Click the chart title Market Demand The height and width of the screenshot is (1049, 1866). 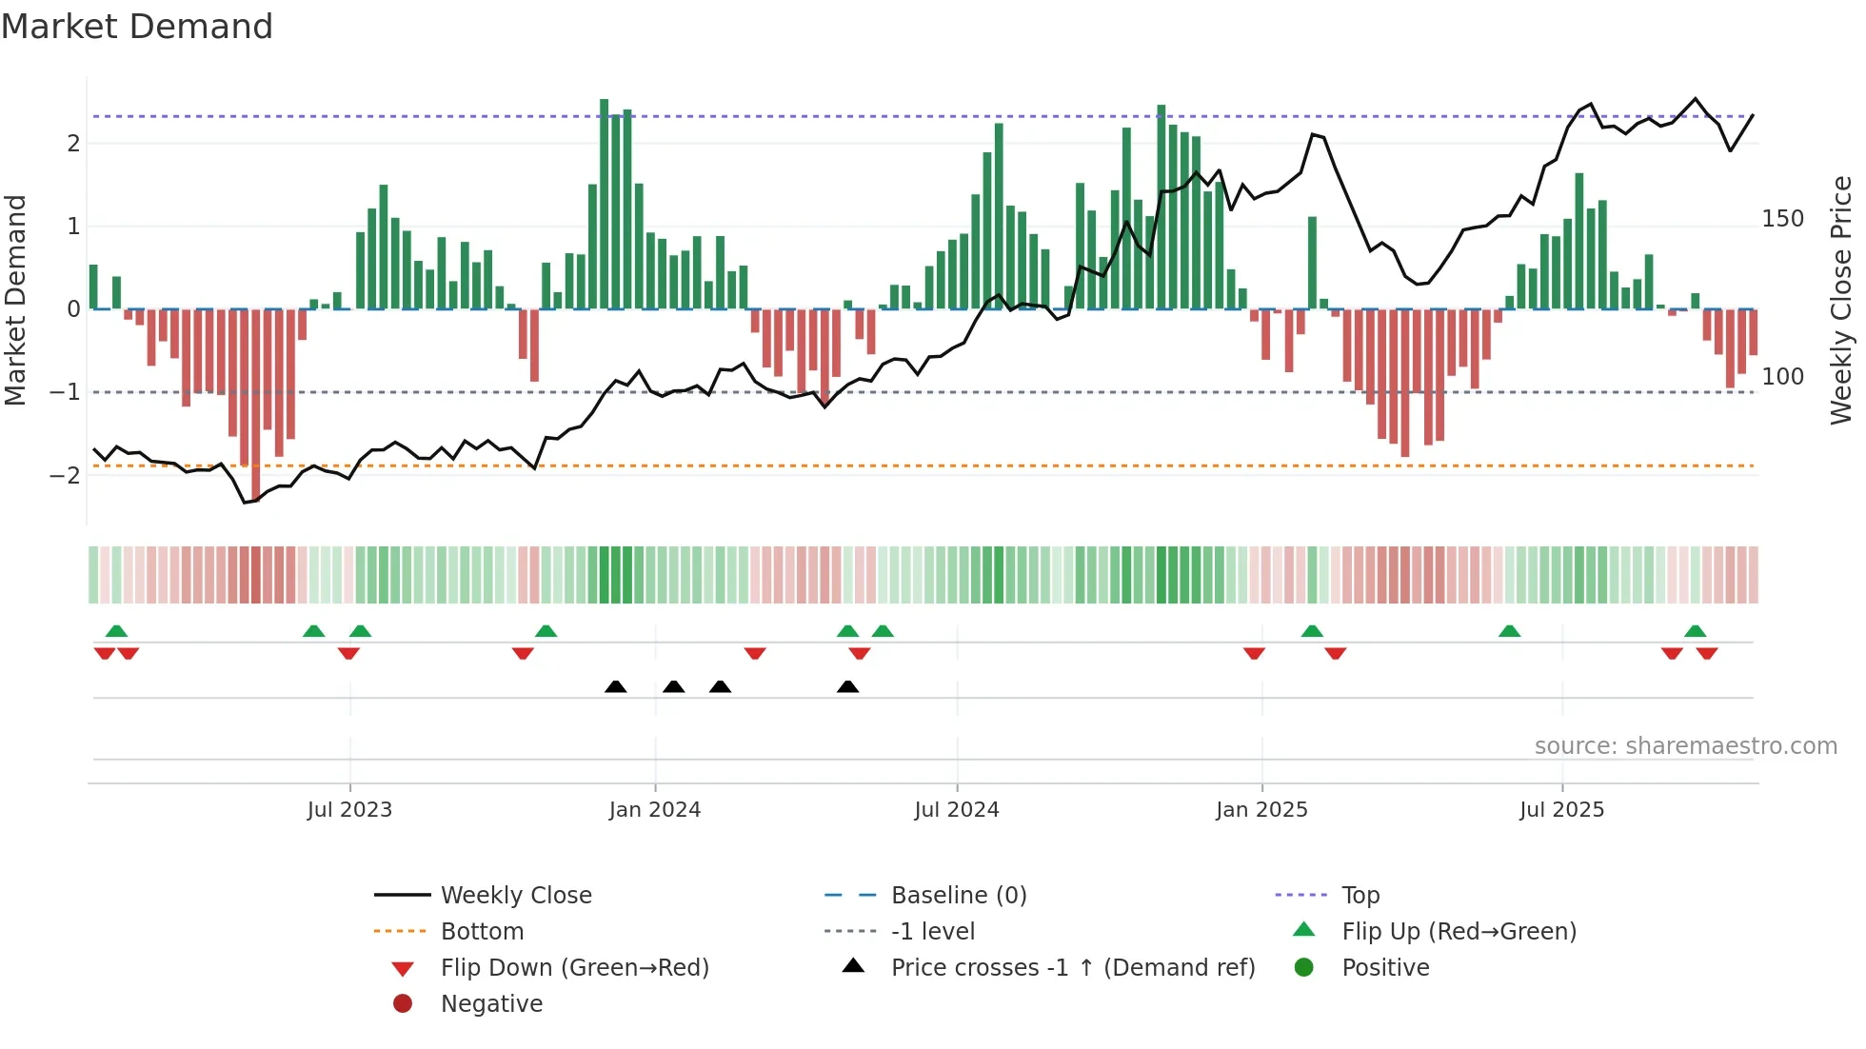click(x=137, y=27)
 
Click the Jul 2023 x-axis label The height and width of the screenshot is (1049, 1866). click(x=349, y=810)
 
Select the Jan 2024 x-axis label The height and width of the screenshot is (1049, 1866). click(x=655, y=810)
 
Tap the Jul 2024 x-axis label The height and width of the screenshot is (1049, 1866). click(x=957, y=810)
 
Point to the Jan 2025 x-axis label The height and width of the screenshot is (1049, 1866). click(x=1261, y=810)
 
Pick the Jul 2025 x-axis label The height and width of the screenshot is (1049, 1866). click(x=1561, y=810)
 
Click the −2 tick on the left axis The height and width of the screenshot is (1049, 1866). click(x=65, y=475)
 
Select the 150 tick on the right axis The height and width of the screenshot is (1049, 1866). click(x=1782, y=219)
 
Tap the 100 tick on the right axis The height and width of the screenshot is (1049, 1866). click(x=1782, y=377)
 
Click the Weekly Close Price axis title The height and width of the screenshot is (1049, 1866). click(x=1841, y=300)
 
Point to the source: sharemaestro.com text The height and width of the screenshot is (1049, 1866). click(x=1685, y=746)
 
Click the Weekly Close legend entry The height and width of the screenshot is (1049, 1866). click(x=516, y=896)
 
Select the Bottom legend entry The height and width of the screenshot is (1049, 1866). click(x=482, y=932)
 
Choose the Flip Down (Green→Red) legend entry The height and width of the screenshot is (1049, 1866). click(x=574, y=968)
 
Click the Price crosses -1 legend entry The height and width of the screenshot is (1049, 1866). click(x=1072, y=968)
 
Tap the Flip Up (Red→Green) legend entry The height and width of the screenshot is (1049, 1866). click(x=1459, y=932)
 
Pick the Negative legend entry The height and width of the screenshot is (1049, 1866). click(x=491, y=1004)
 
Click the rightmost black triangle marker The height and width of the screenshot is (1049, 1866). click(x=847, y=687)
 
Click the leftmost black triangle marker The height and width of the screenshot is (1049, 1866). click(x=615, y=687)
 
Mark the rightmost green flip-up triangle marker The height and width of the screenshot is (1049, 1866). click(x=1695, y=631)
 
